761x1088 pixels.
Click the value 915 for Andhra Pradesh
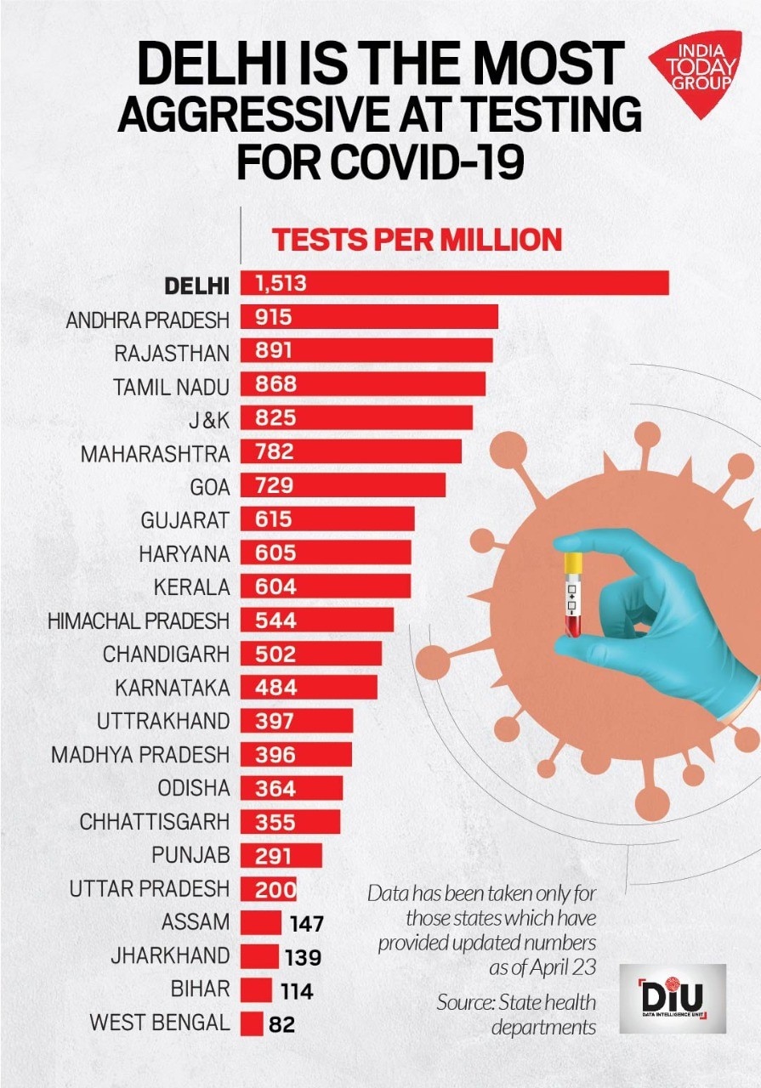point(273,318)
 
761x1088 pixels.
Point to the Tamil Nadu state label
point(171,386)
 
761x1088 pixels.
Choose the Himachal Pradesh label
point(139,620)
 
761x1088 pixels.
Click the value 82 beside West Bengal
point(281,1024)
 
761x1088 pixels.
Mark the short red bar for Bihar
point(256,990)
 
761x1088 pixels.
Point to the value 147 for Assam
point(307,923)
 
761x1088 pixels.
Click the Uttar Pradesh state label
point(150,889)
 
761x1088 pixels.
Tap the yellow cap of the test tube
point(573,560)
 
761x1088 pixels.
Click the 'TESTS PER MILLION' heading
point(417,241)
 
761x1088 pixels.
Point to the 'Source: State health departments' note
point(516,1014)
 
